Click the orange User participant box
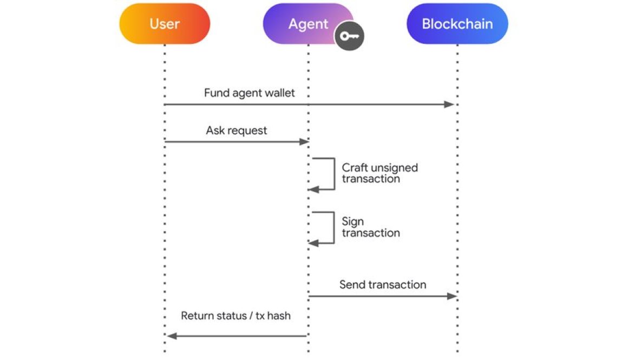(165, 24)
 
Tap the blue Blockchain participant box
(457, 24)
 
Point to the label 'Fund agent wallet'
(249, 93)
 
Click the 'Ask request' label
(236, 130)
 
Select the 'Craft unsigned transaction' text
(379, 173)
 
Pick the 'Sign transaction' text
(370, 227)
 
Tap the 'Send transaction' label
(382, 284)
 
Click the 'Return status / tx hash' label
(235, 315)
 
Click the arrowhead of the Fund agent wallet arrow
(449, 104)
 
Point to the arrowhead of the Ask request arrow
(303, 142)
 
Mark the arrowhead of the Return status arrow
(172, 336)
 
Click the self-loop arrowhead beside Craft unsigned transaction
(313, 189)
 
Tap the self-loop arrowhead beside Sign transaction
(313, 243)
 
